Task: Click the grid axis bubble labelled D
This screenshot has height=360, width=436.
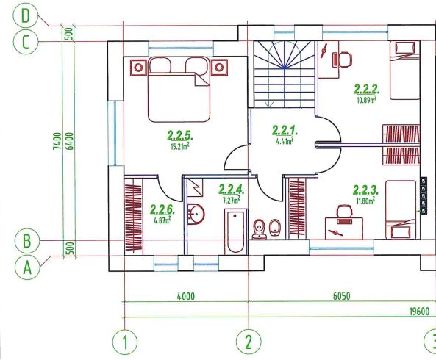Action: (25, 16)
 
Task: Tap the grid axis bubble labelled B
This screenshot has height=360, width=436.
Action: (26, 241)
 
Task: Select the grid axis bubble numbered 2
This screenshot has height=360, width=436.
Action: (249, 342)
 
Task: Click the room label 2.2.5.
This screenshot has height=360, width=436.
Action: (180, 136)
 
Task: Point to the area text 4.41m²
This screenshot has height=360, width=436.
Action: (285, 141)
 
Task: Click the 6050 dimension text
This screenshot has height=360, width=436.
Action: (341, 296)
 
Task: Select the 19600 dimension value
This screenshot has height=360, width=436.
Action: (420, 312)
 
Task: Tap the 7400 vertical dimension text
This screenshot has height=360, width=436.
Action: (57, 141)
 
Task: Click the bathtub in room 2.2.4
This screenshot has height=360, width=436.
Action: (236, 231)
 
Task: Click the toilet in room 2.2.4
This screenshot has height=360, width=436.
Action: (260, 229)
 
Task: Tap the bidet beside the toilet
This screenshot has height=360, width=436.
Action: (275, 228)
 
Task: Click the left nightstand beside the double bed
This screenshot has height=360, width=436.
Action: (138, 67)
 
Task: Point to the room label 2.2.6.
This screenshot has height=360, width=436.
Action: (162, 210)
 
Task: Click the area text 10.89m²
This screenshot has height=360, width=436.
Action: (367, 100)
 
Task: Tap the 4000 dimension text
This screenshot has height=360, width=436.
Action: (186, 297)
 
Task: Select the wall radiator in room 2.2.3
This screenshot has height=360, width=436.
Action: (424, 196)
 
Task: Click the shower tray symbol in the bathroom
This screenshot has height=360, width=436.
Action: (195, 187)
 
